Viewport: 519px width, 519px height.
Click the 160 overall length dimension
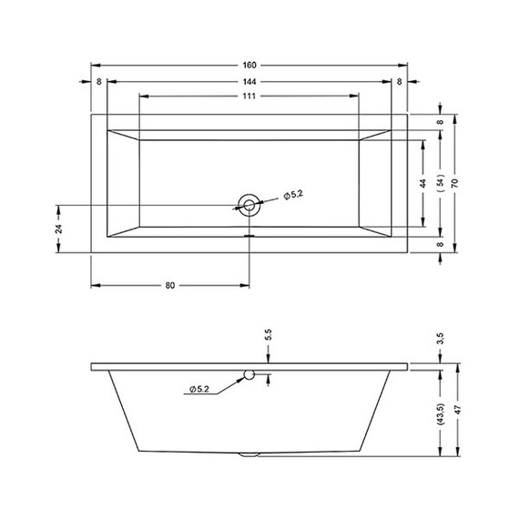click(249, 66)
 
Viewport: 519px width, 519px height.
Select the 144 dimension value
click(249, 81)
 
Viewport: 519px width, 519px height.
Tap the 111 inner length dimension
click(249, 96)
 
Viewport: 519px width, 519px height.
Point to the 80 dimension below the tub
click(169, 285)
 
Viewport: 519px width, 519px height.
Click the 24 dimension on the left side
click(58, 229)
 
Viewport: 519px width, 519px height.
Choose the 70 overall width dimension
click(455, 183)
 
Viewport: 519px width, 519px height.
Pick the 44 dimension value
click(423, 183)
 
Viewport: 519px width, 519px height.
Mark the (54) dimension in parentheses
click(440, 183)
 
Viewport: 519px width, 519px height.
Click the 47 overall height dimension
click(458, 410)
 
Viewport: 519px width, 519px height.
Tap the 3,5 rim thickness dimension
click(440, 339)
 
